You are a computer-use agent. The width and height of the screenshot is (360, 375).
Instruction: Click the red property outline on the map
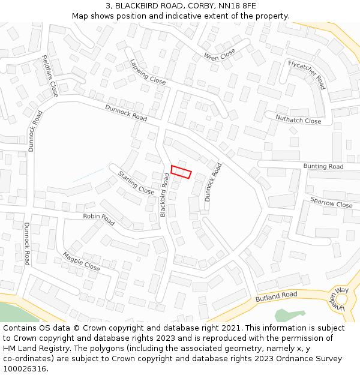[181, 172]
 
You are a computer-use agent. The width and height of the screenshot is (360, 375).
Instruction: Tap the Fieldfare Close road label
[50, 76]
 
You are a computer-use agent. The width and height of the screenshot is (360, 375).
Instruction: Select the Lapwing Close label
[148, 71]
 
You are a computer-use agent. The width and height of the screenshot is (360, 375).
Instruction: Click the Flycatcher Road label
[306, 74]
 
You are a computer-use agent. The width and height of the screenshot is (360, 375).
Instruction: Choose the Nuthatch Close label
[298, 119]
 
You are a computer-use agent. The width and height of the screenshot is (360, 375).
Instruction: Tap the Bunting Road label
[323, 166]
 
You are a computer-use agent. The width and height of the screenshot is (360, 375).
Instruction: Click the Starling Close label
[136, 182]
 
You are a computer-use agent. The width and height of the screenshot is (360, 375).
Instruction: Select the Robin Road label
[99, 220]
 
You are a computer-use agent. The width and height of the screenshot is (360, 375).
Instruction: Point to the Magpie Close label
[81, 262]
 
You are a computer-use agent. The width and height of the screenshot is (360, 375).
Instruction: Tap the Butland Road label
[276, 296]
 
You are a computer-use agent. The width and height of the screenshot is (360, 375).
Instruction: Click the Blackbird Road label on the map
[164, 195]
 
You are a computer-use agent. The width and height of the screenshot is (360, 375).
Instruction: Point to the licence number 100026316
[26, 369]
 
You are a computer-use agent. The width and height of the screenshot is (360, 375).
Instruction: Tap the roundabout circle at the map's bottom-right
[341, 298]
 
